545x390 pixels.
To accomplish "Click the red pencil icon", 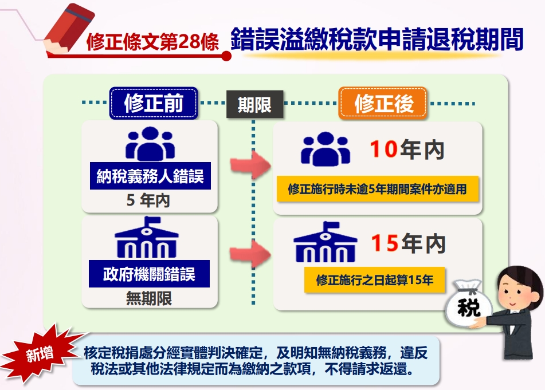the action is pos(69,30).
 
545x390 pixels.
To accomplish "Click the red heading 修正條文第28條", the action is pos(152,42).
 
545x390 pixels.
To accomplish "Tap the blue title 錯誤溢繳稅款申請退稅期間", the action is pos(377,40).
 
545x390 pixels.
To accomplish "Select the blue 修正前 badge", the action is pos(154,103).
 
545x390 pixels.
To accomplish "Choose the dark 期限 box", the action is pos(255,104).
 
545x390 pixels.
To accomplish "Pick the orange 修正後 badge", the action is pos(383,104).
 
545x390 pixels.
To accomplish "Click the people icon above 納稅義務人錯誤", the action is pos(150,144).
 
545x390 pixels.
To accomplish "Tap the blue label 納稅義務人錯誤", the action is pos(150,176).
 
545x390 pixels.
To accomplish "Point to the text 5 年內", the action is pos(148,200).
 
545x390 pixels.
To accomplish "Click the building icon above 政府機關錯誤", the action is pos(147,238).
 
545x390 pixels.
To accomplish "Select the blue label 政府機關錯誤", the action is pos(149,274).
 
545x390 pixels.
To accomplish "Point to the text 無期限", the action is pos(149,298).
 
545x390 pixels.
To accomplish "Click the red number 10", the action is pos(383,149).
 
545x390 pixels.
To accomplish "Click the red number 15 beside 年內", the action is pos(385,243).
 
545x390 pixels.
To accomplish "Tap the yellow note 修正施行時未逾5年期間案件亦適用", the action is pos(378,189).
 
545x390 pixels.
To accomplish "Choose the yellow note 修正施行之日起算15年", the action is pos(375,280).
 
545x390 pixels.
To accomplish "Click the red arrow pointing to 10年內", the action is pos(250,165).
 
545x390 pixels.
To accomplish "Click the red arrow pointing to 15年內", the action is pos(250,254).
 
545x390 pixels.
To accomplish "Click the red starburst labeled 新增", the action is pos(41,354).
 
